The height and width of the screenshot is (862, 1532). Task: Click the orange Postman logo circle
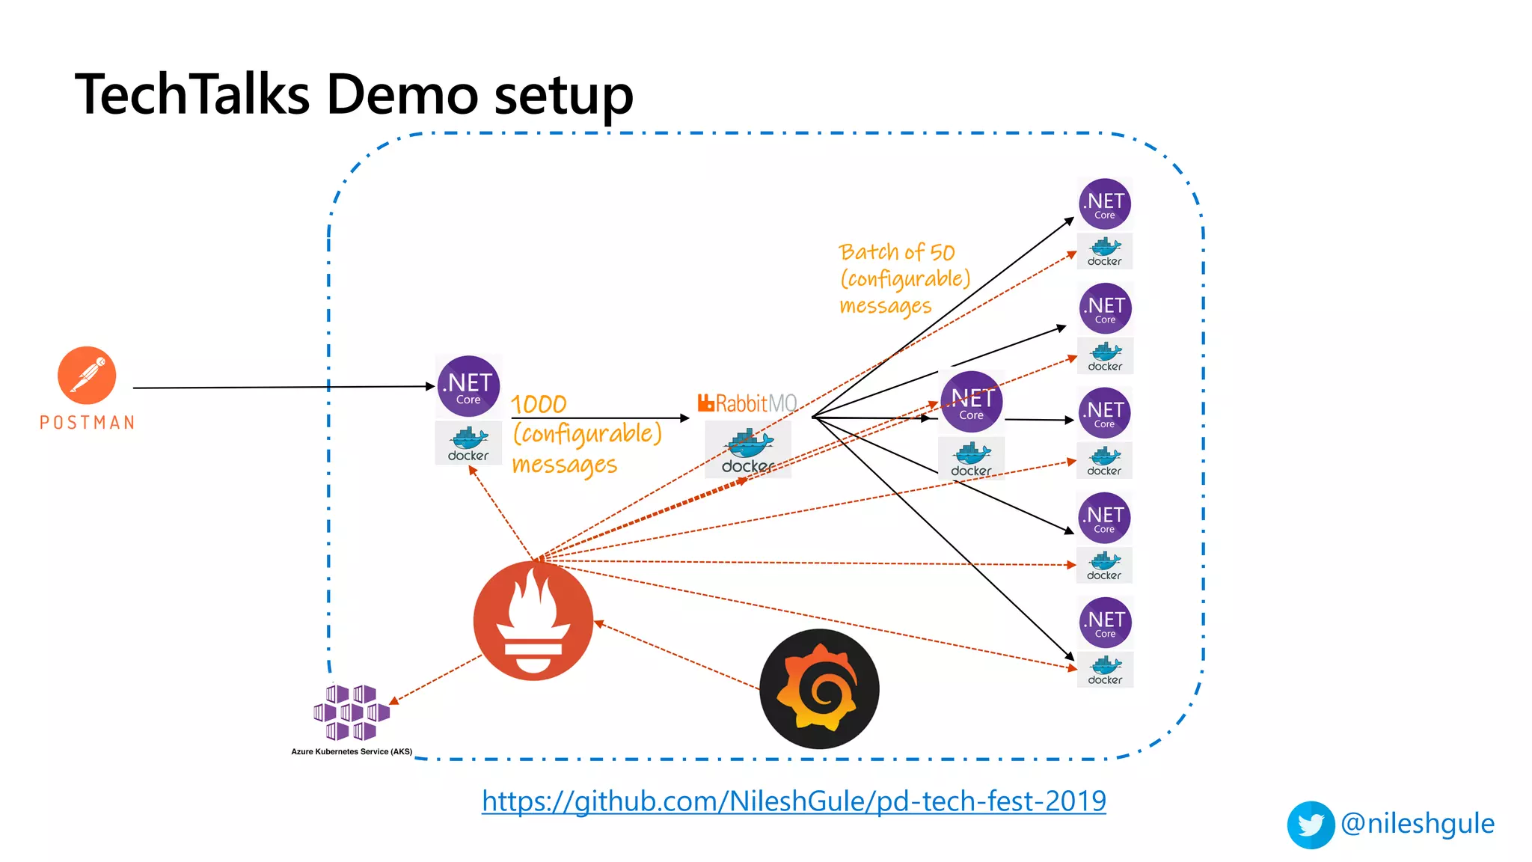point(87,375)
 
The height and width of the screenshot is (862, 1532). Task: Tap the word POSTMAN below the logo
point(88,423)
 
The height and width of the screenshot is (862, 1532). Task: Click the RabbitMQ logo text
point(747,403)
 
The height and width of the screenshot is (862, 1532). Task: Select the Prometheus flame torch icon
point(533,621)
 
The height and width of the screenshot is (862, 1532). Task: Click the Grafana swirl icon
point(819,688)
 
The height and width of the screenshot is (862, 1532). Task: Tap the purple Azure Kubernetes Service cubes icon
point(352,712)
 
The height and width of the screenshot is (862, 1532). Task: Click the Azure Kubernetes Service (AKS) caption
point(352,751)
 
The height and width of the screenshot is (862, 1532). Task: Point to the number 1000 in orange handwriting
point(539,404)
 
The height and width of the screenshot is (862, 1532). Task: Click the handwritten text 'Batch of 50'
point(897,252)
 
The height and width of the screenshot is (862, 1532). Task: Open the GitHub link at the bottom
point(794,801)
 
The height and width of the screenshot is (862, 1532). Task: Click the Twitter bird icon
point(1311,825)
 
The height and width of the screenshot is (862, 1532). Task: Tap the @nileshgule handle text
point(1418,823)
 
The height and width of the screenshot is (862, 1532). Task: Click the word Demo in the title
point(403,95)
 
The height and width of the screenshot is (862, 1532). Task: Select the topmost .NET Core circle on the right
point(1105,204)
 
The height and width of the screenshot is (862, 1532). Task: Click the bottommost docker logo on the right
point(1105,670)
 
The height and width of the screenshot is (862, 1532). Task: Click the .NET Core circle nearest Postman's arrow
point(468,386)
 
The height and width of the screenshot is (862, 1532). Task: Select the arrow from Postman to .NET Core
point(284,387)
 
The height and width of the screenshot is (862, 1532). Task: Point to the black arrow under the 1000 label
point(598,418)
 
